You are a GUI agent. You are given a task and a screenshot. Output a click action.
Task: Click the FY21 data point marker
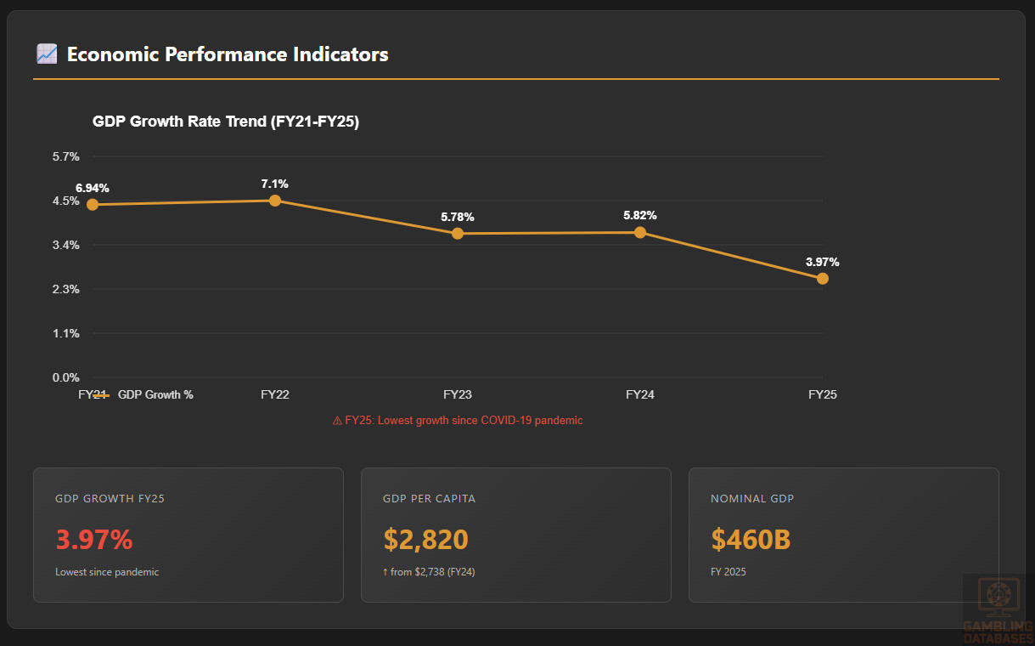(x=93, y=204)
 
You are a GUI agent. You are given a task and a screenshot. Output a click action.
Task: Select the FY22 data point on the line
(x=275, y=201)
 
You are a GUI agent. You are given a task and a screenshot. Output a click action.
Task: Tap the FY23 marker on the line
(x=458, y=233)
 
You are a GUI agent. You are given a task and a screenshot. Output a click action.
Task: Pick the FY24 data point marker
(x=640, y=232)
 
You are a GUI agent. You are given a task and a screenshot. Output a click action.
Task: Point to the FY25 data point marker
(x=823, y=278)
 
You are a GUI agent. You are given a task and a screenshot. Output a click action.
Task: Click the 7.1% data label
(x=275, y=184)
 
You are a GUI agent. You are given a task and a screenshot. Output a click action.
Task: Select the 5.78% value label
(x=458, y=217)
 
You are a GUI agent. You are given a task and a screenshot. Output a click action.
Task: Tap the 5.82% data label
(x=640, y=215)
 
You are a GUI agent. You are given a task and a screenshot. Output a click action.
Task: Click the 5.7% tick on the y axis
(x=66, y=156)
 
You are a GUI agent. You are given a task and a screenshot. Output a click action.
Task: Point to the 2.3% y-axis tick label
(x=66, y=289)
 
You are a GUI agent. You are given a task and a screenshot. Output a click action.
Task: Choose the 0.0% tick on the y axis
(x=66, y=377)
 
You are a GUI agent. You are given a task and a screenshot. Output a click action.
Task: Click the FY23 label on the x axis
(x=458, y=394)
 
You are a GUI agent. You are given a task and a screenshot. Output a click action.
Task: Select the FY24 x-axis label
(x=640, y=394)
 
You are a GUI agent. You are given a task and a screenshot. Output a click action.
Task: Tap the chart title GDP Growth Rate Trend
(x=226, y=122)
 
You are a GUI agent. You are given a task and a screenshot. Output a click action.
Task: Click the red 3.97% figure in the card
(x=94, y=539)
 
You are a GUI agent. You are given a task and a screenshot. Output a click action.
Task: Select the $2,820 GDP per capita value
(x=425, y=539)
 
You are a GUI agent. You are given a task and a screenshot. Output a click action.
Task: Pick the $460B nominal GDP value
(x=751, y=539)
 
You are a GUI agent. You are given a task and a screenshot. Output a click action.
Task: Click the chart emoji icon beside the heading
(x=47, y=54)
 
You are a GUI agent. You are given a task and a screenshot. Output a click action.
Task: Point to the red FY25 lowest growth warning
(x=458, y=420)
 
